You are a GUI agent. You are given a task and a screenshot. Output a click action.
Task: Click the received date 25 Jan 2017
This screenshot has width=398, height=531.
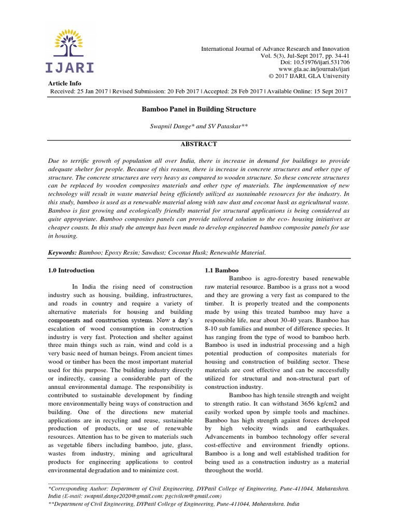(96, 91)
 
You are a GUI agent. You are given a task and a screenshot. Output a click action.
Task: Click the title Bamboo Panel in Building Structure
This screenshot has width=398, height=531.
(199, 110)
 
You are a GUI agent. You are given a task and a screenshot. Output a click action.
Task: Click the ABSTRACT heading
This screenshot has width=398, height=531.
(199, 144)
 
